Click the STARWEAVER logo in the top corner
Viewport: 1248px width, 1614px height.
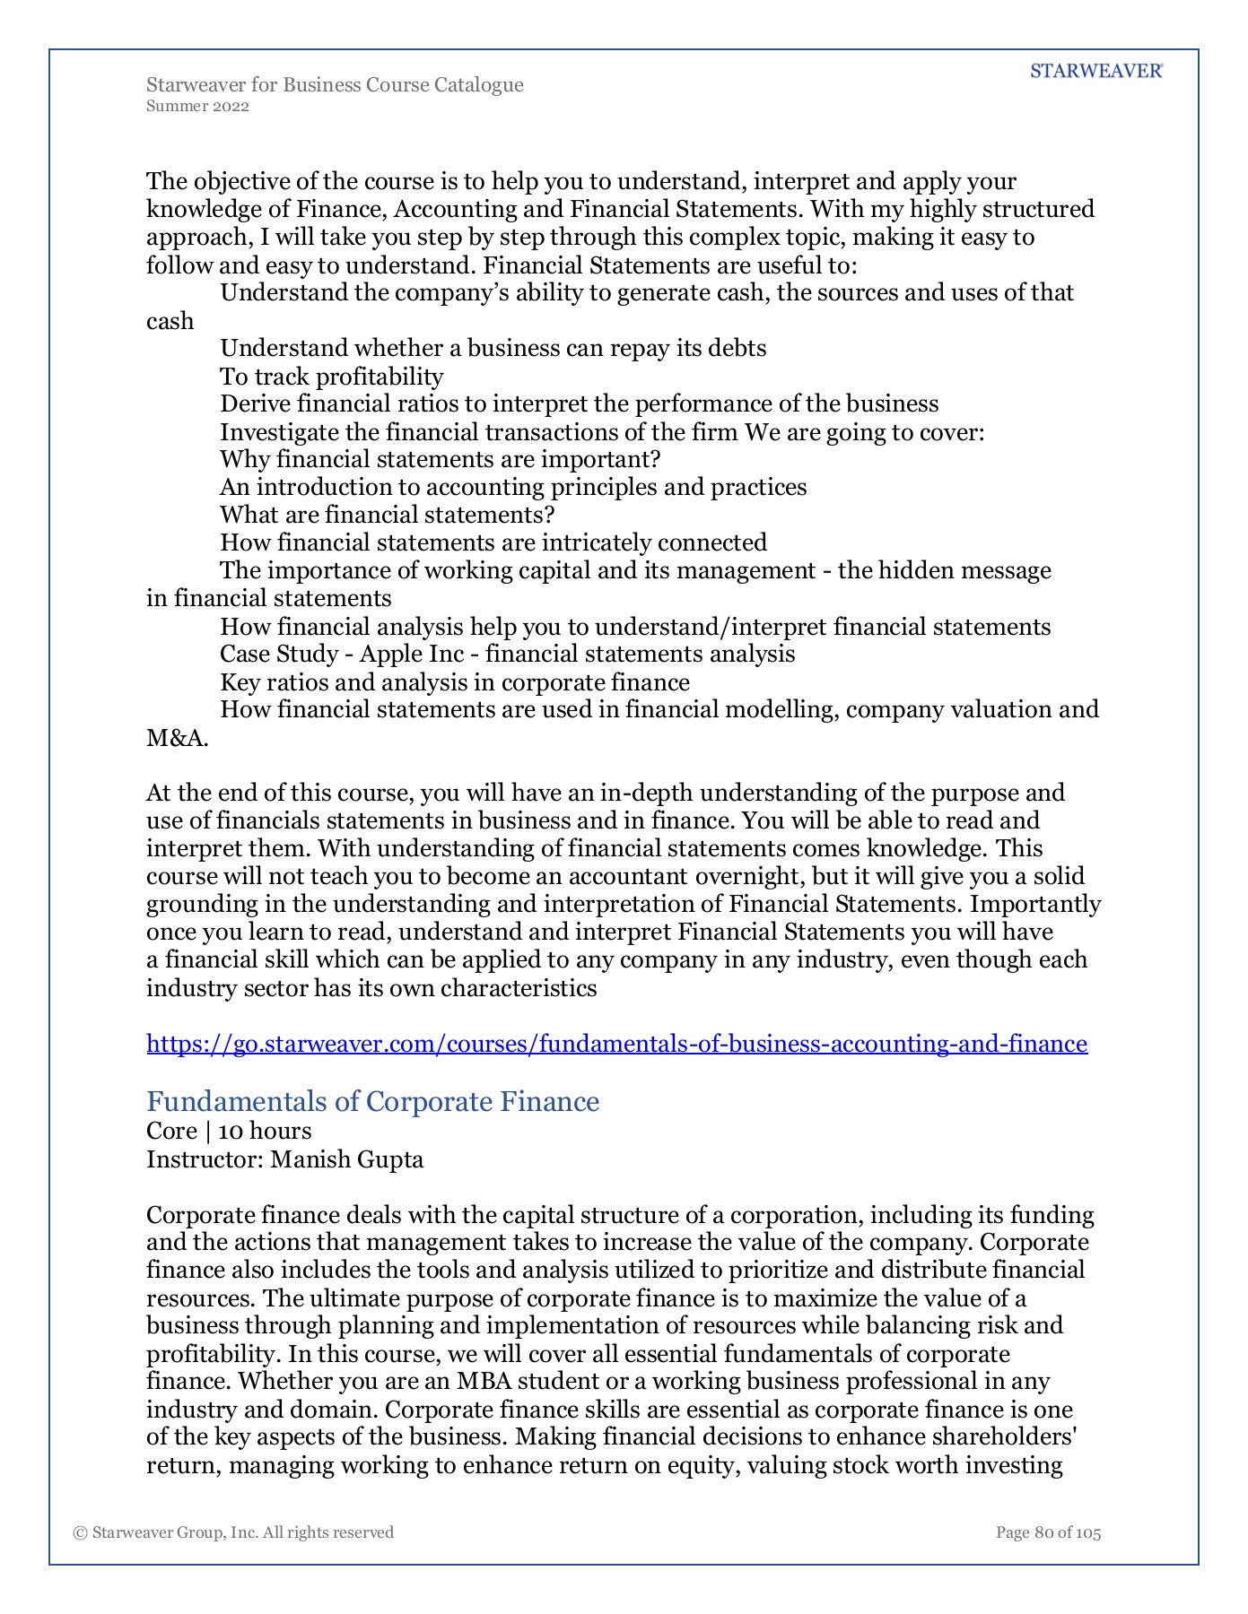[1095, 72]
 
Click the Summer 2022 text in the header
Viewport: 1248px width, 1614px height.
[197, 107]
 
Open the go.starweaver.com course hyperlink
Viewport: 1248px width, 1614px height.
[616, 1044]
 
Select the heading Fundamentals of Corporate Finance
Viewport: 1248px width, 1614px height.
[372, 1101]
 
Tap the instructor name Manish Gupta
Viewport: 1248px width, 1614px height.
[347, 1159]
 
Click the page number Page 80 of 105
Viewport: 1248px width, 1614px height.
[1048, 1532]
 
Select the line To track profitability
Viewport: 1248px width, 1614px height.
[332, 377]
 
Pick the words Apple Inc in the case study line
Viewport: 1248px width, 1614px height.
[412, 654]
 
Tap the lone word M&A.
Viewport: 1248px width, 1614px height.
[178, 738]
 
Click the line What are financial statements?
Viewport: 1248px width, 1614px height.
[388, 515]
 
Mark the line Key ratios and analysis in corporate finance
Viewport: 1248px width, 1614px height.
[455, 682]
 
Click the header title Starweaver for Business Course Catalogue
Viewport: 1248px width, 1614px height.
[335, 85]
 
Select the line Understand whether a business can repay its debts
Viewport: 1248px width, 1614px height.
[493, 348]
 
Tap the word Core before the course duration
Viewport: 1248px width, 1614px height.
[171, 1131]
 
